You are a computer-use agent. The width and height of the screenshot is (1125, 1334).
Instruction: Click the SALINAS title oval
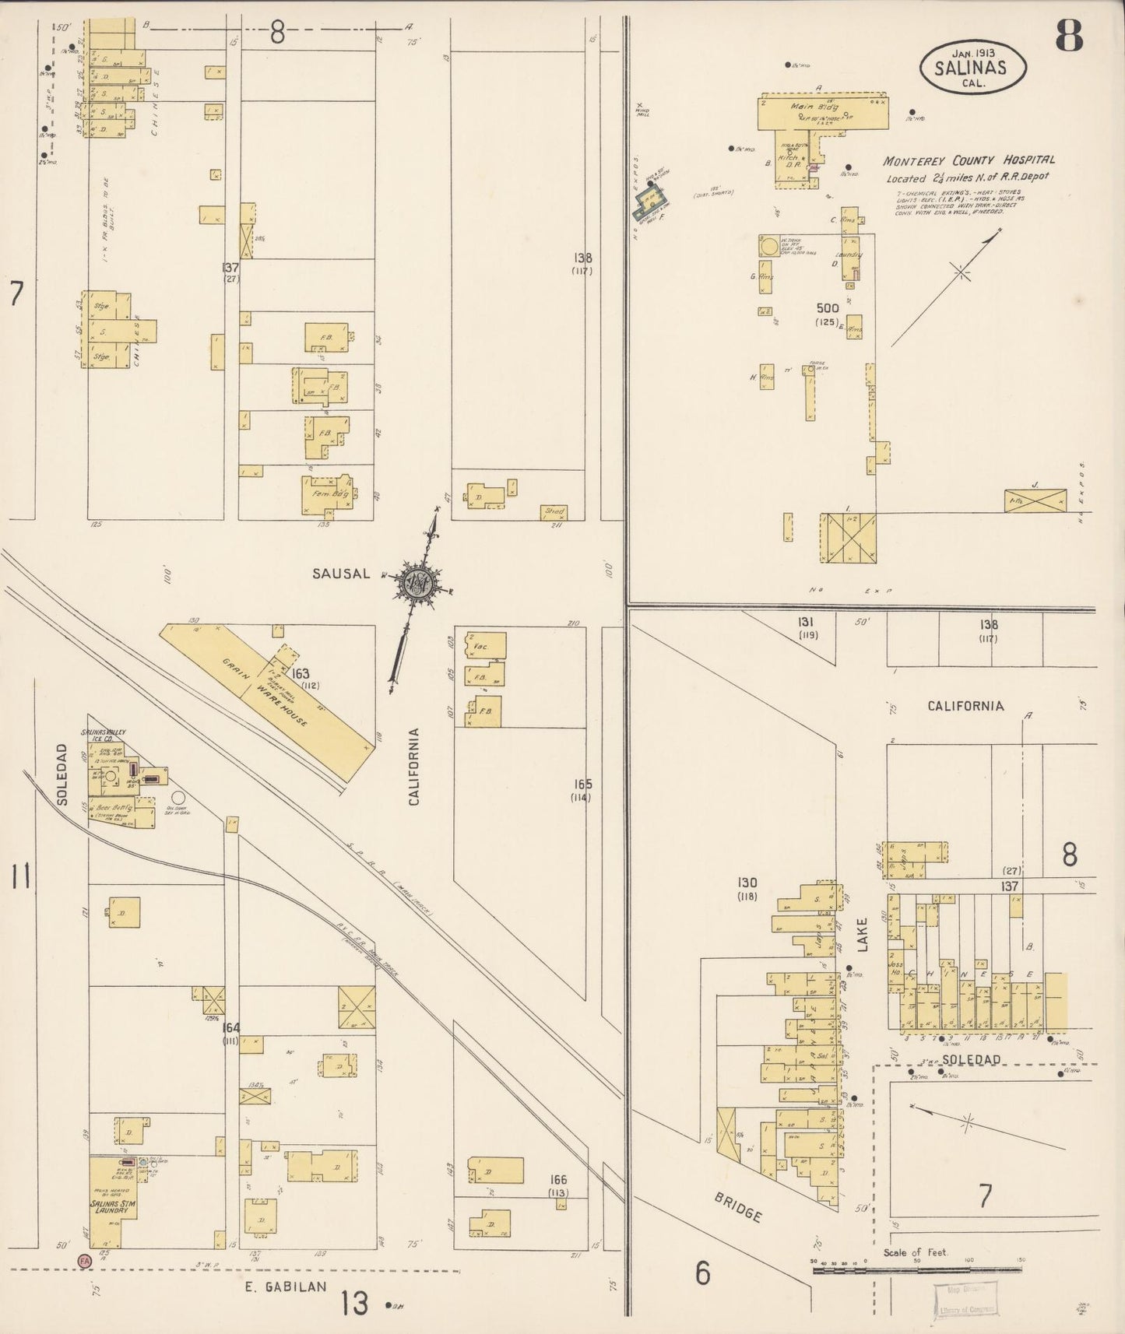[972, 67]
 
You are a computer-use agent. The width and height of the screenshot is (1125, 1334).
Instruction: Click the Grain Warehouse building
[265, 699]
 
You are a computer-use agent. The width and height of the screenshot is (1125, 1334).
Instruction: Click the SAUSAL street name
[341, 574]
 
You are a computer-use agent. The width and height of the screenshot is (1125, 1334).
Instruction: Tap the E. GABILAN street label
[285, 1287]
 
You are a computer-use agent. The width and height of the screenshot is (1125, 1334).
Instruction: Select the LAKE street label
[861, 934]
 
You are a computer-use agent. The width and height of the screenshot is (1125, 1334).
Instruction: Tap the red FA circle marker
[83, 1260]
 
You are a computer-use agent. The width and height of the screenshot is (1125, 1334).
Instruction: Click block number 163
[301, 673]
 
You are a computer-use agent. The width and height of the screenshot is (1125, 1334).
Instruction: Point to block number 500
[827, 308]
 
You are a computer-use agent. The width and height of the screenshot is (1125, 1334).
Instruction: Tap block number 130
[747, 883]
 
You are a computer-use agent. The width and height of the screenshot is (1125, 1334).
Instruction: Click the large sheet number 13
[354, 1302]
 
